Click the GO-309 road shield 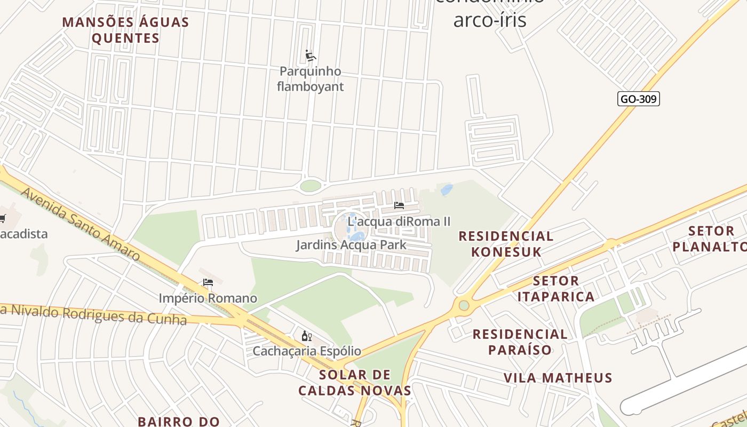pyautogui.click(x=638, y=99)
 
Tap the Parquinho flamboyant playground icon pyautogui.click(x=311, y=56)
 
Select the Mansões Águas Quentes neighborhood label pyautogui.click(x=126, y=30)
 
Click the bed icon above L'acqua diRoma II pyautogui.click(x=399, y=205)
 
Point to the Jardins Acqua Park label pyautogui.click(x=351, y=245)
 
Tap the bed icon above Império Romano pyautogui.click(x=208, y=282)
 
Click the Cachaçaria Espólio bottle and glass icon pyautogui.click(x=306, y=336)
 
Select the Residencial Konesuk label pyautogui.click(x=506, y=244)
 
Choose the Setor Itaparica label pyautogui.click(x=556, y=289)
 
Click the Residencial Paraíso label pyautogui.click(x=520, y=342)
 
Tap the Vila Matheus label pyautogui.click(x=558, y=378)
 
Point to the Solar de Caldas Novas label pyautogui.click(x=355, y=383)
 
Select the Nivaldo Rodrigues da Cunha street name pyautogui.click(x=96, y=314)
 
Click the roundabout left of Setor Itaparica pyautogui.click(x=464, y=305)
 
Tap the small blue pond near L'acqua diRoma pyautogui.click(x=447, y=189)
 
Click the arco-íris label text pyautogui.click(x=490, y=20)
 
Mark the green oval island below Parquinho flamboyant pyautogui.click(x=311, y=186)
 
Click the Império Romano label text pyautogui.click(x=208, y=298)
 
